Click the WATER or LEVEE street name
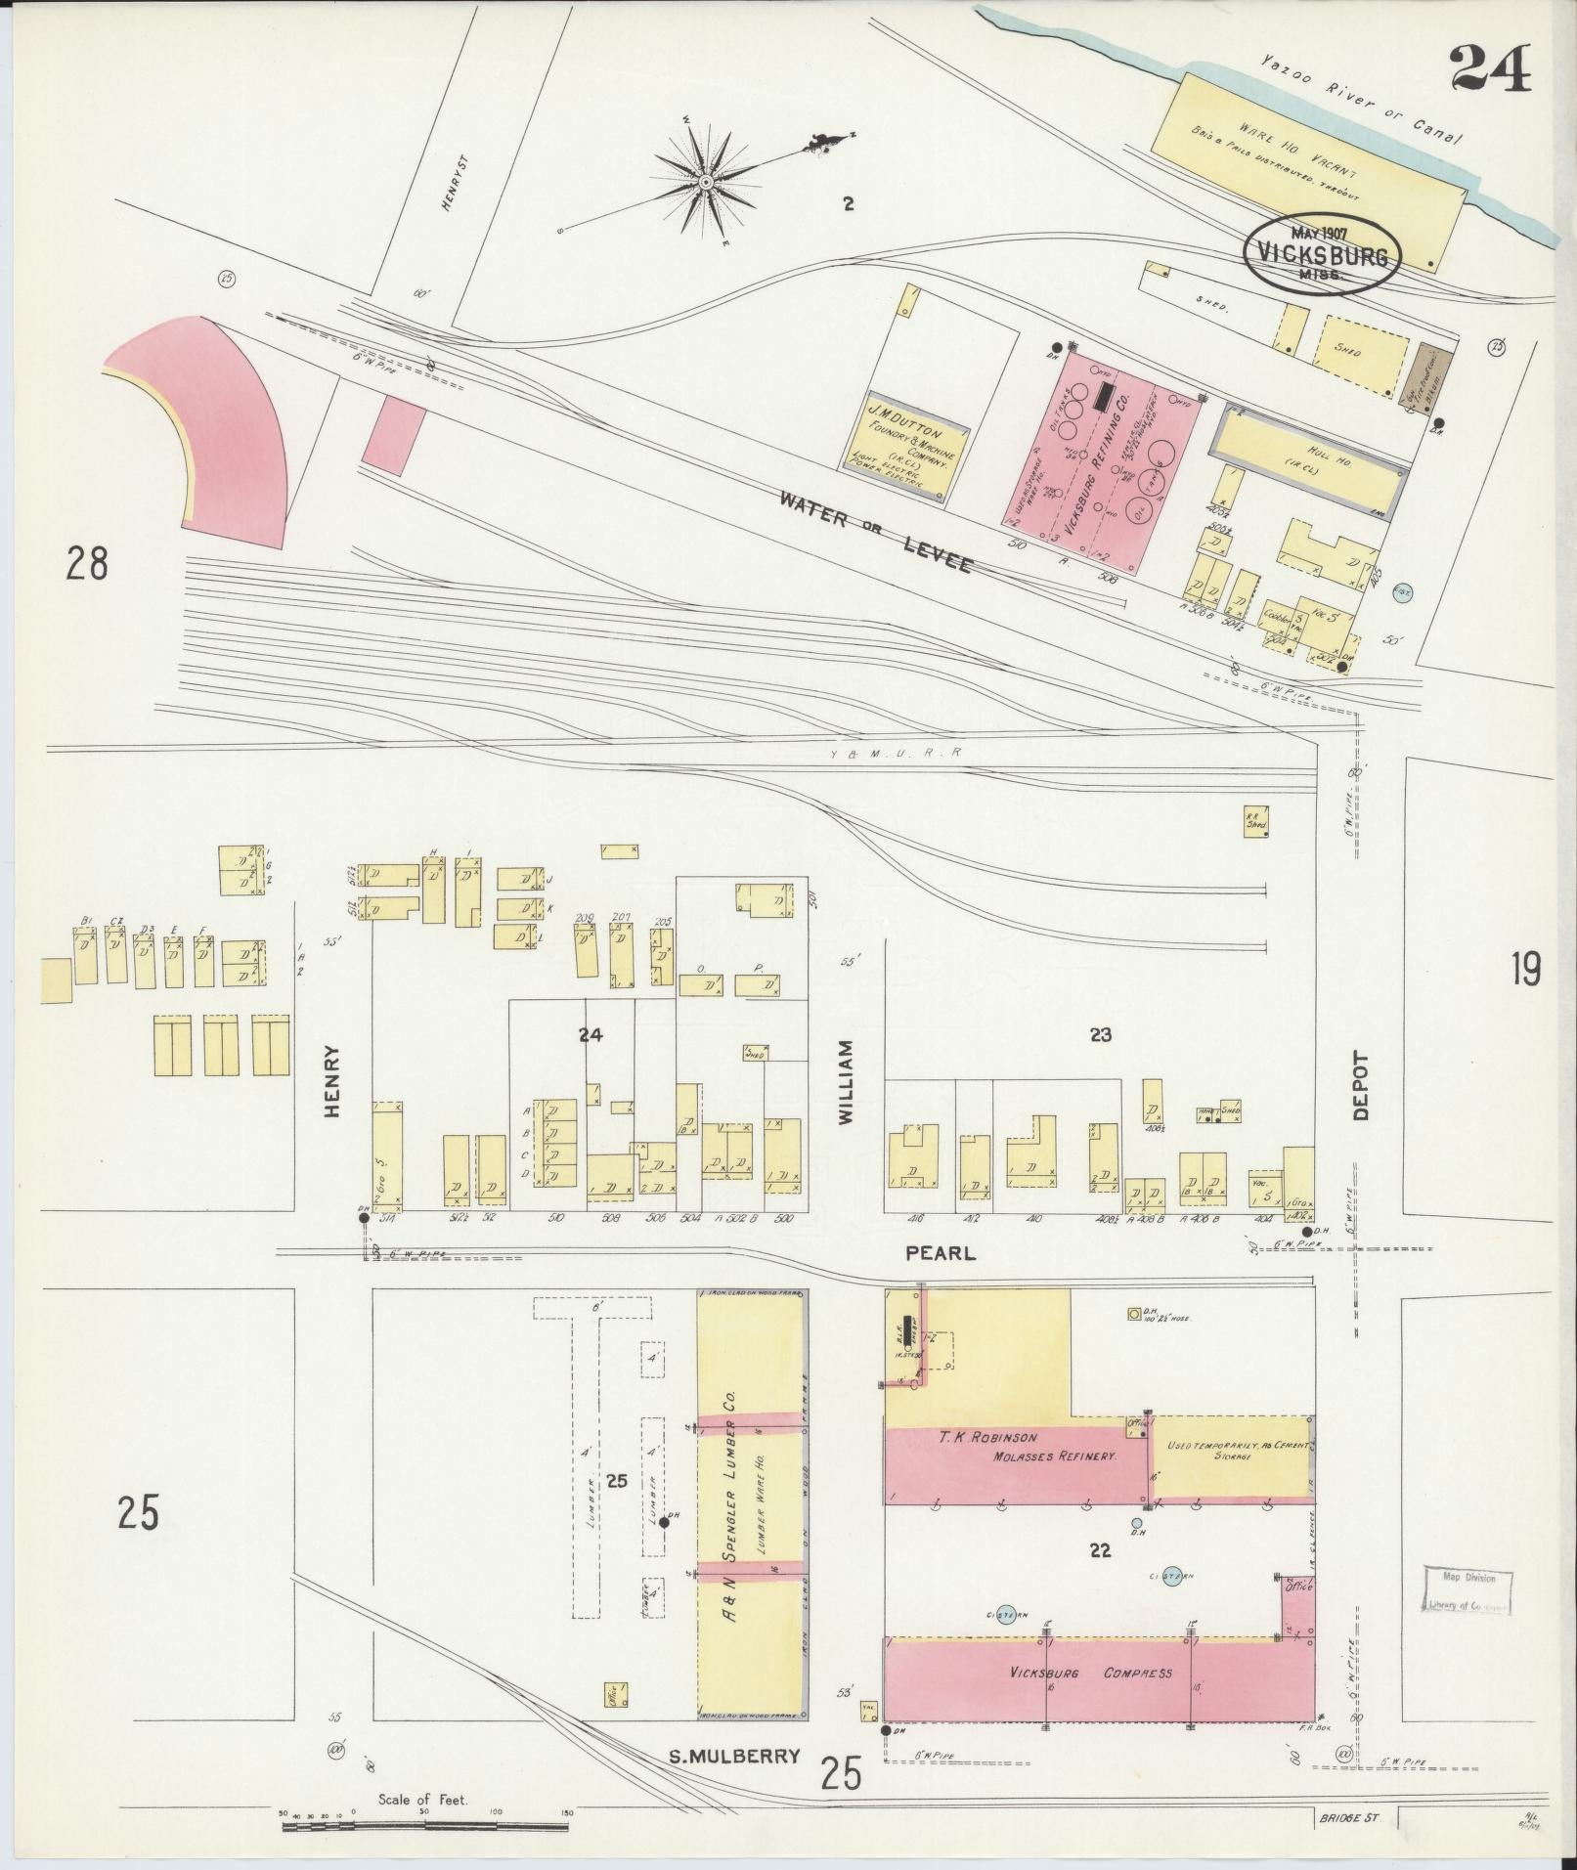click(x=874, y=532)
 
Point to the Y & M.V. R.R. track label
click(x=909, y=753)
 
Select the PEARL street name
click(x=940, y=1252)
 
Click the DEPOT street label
click(x=1362, y=1084)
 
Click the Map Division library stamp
click(x=1465, y=1590)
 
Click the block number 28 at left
click(x=86, y=564)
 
